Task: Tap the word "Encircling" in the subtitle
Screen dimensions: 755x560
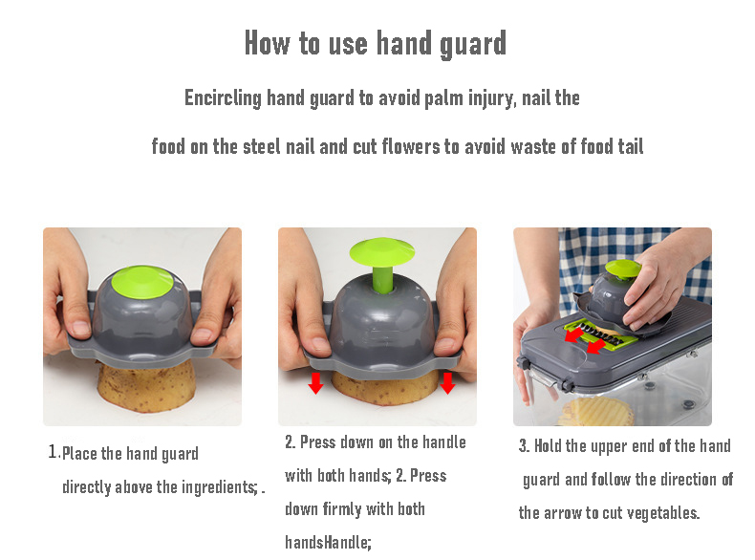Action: pos(223,98)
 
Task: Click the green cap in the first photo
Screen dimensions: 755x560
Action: pos(141,281)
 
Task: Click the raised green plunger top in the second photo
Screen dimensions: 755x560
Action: pos(382,252)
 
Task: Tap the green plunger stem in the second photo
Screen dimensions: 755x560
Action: pos(382,279)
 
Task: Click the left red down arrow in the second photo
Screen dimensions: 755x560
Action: pos(316,382)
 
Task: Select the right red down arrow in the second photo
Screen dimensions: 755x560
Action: pos(447,382)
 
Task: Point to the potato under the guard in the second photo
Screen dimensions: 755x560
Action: pos(384,389)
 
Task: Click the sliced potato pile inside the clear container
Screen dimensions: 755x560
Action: pos(596,411)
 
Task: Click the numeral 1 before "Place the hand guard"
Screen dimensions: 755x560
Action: pos(53,452)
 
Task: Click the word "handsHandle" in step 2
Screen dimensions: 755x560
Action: pos(327,543)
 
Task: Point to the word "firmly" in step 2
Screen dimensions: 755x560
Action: pos(342,509)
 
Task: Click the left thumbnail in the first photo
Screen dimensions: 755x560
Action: pos(80,329)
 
